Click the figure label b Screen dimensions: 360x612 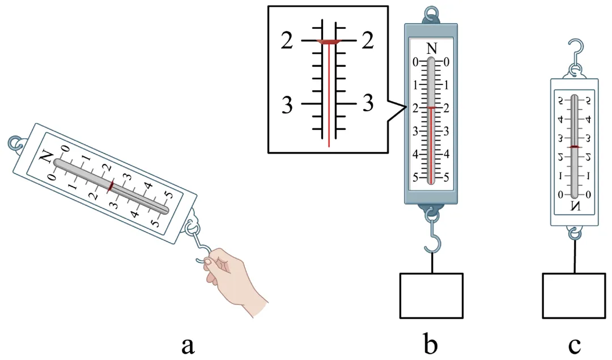(x=431, y=342)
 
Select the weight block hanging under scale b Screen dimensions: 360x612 (x=431, y=295)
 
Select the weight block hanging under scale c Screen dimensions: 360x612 (x=575, y=295)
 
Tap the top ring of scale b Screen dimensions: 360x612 (x=431, y=12)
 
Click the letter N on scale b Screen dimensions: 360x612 (x=431, y=49)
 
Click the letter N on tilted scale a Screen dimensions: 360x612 (x=47, y=156)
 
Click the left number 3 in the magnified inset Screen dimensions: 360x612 (x=287, y=105)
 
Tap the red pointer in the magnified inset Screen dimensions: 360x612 (x=329, y=42)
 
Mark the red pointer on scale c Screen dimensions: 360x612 (x=575, y=147)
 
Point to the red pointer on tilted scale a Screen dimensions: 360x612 (x=110, y=185)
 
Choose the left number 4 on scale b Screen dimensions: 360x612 (x=416, y=154)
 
